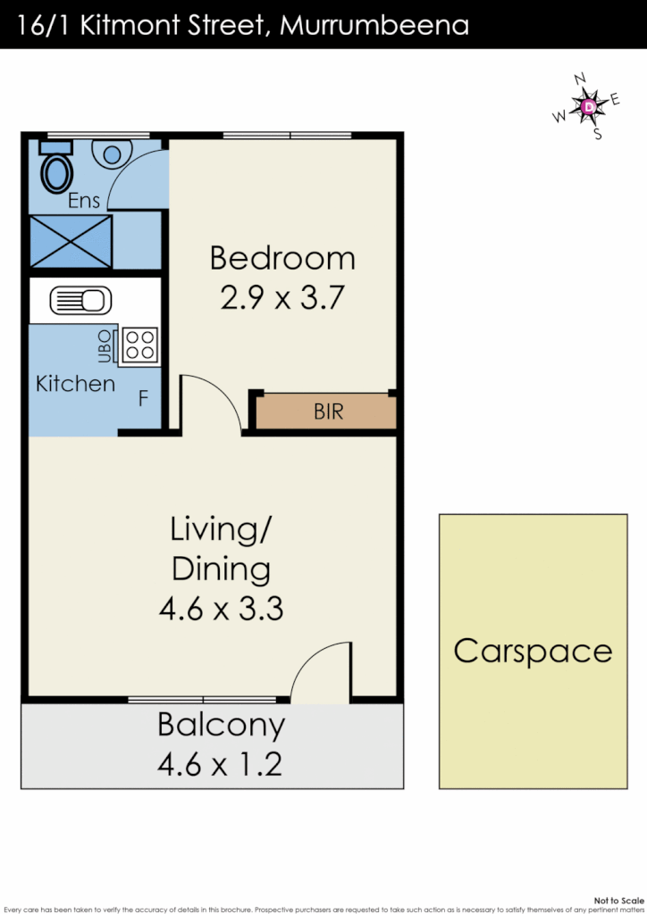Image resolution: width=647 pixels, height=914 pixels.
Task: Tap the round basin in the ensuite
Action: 112,154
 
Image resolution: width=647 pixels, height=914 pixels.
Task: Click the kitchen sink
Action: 80,300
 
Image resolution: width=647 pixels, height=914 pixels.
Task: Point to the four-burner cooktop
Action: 139,345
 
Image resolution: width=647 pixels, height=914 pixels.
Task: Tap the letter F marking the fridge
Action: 143,398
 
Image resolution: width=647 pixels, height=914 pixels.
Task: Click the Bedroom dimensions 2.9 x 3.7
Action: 281,296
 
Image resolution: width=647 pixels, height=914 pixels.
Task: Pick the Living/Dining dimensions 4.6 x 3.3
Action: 221,609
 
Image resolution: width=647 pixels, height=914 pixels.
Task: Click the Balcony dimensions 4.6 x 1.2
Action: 221,765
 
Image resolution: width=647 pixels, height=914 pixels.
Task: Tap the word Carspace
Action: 533,651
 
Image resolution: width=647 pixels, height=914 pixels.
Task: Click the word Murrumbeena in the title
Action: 374,25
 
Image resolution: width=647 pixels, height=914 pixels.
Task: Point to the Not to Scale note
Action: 618,902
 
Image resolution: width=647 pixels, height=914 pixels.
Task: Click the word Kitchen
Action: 75,384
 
